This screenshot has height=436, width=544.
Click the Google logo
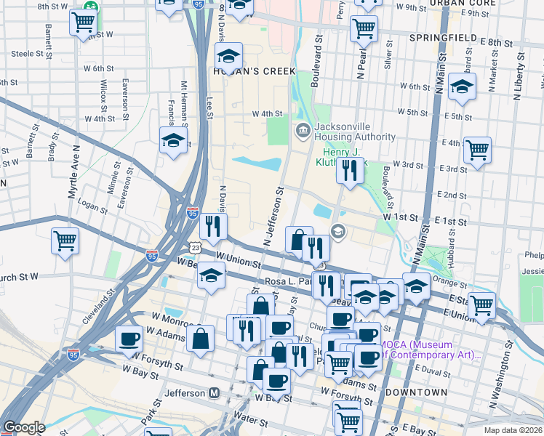pyautogui.click(x=24, y=427)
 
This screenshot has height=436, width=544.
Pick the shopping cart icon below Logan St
pyautogui.click(x=65, y=240)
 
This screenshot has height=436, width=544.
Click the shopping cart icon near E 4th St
pyautogui.click(x=477, y=150)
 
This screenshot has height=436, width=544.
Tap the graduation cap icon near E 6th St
pyautogui.click(x=462, y=86)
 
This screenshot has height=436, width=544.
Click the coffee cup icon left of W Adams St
pyautogui.click(x=129, y=338)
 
